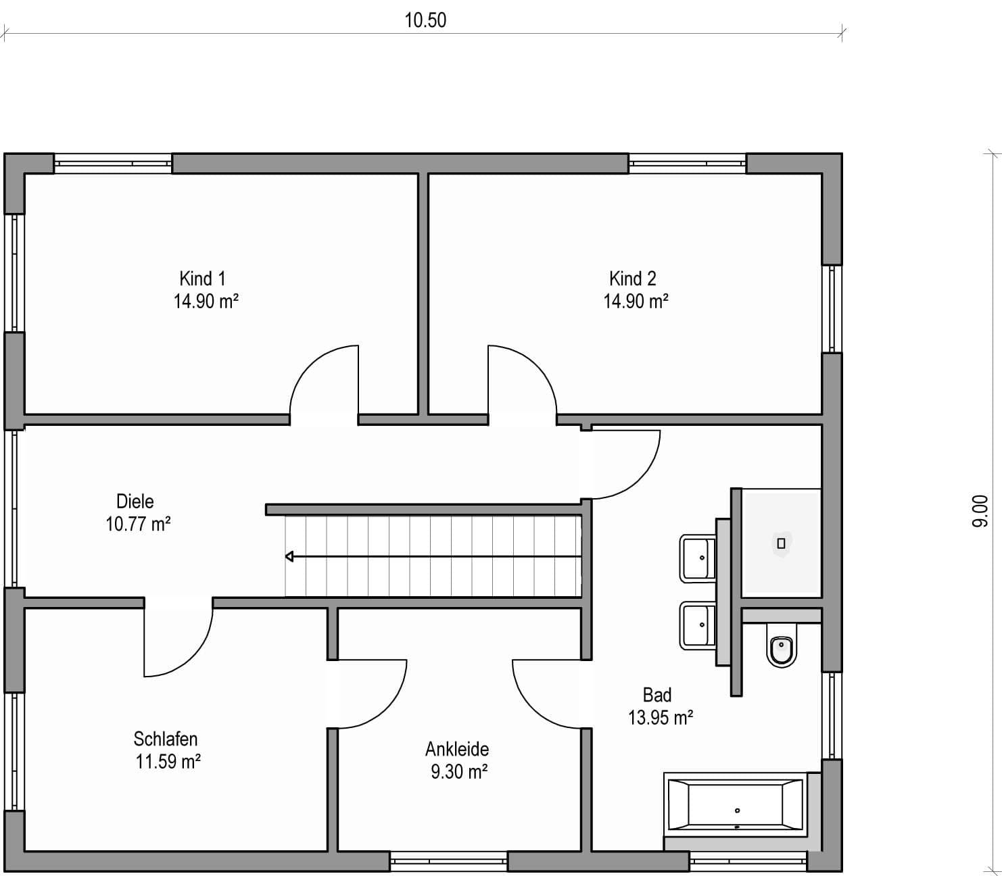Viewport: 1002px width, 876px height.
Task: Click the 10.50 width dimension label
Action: coord(425,20)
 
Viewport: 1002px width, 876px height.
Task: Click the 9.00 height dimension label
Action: coord(980,511)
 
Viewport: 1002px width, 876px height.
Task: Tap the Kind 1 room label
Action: coord(202,278)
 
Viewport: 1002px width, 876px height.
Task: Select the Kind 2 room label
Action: coord(632,278)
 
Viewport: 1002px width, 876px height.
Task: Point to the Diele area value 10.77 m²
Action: coord(138,524)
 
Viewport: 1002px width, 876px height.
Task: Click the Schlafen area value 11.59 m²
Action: coord(168,762)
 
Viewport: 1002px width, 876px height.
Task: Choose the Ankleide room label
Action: coord(457,749)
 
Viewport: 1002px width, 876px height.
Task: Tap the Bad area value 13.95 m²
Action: coord(661,718)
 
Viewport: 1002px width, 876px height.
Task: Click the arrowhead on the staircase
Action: coord(289,557)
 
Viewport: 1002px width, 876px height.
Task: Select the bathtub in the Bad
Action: coord(735,805)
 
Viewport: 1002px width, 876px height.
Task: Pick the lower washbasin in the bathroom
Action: coord(697,625)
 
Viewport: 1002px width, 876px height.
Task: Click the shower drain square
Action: coord(781,543)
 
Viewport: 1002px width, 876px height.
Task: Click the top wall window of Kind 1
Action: coord(113,164)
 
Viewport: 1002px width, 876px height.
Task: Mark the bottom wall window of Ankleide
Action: coord(448,862)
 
